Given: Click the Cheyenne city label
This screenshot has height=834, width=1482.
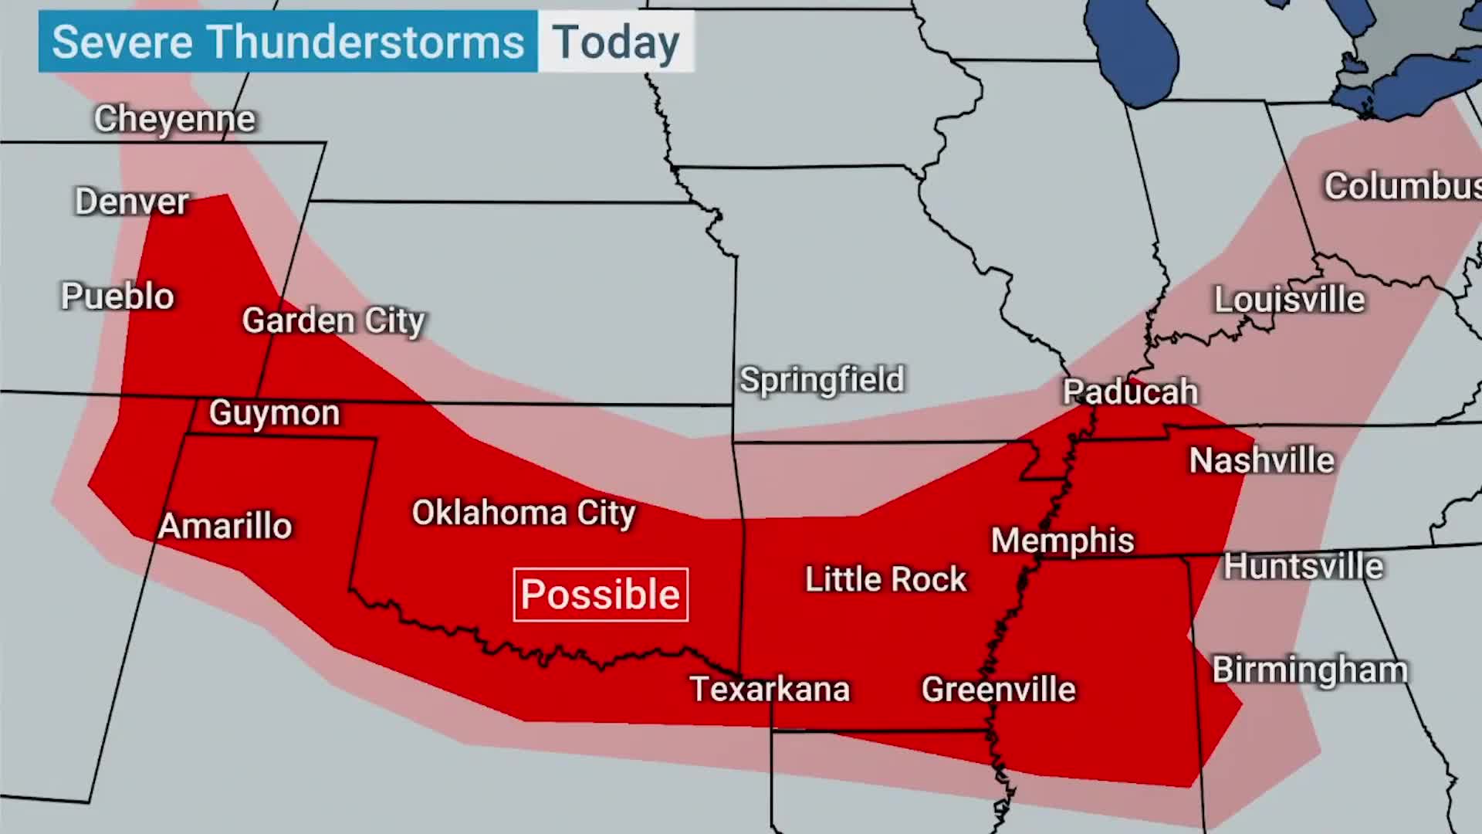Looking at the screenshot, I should pyautogui.click(x=174, y=119).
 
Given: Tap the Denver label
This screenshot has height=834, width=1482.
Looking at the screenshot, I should pyautogui.click(x=131, y=202).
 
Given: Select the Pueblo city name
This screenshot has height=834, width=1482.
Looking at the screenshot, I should pyautogui.click(x=117, y=297).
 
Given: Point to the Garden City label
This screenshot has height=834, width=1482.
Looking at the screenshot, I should pyautogui.click(x=333, y=320).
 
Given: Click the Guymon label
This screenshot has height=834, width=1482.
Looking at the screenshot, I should pyautogui.click(x=274, y=413).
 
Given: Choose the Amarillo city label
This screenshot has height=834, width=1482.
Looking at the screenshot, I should pyautogui.click(x=225, y=527).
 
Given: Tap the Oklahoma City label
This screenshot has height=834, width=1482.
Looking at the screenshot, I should pyautogui.click(x=523, y=513).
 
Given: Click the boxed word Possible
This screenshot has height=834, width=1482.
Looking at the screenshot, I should pyautogui.click(x=601, y=595).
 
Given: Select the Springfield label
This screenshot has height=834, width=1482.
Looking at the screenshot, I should pyautogui.click(x=821, y=380).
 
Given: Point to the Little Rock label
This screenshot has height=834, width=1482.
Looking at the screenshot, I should pyautogui.click(x=885, y=579).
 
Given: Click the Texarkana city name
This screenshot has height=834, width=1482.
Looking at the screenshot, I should pyautogui.click(x=770, y=689).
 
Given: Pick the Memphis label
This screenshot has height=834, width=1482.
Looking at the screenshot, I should pyautogui.click(x=1062, y=541).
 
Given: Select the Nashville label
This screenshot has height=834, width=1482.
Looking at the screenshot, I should pyautogui.click(x=1261, y=461).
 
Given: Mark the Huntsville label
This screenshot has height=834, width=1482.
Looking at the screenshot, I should pyautogui.click(x=1303, y=567).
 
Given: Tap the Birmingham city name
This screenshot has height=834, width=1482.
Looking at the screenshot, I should pyautogui.click(x=1310, y=670).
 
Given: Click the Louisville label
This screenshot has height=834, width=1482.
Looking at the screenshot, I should pyautogui.click(x=1289, y=300).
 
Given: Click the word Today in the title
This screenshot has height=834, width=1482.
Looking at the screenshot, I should pyautogui.click(x=616, y=42).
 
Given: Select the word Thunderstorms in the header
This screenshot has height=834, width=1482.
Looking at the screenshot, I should pyautogui.click(x=366, y=42).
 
